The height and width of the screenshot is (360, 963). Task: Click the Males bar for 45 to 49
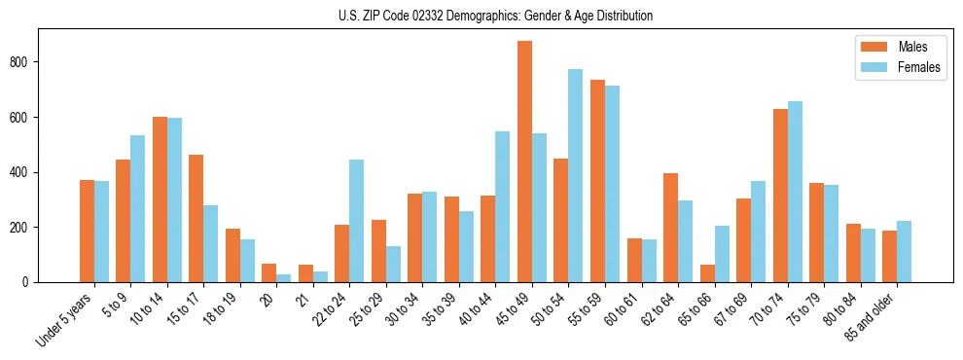[524, 162]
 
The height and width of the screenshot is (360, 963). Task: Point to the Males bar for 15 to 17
[196, 218]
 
